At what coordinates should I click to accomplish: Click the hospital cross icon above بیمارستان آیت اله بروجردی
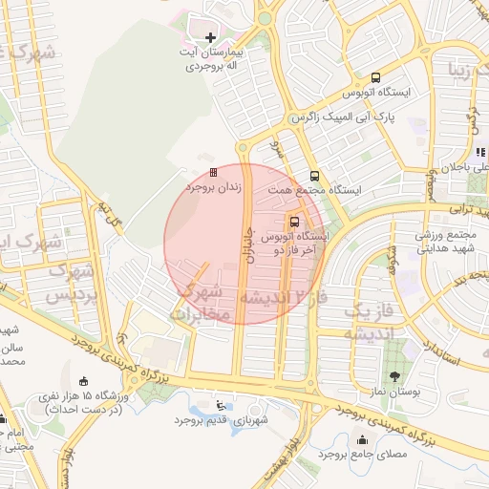[x=211, y=38]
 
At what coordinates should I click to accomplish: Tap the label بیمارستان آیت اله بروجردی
[x=210, y=59]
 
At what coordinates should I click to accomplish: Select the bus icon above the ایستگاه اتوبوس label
[x=375, y=77]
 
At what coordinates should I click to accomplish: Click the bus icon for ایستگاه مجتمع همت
[x=314, y=176]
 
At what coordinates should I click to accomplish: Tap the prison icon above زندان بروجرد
[x=213, y=172]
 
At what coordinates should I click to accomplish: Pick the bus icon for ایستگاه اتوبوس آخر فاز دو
[x=294, y=221]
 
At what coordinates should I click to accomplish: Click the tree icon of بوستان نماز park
[x=394, y=374]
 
